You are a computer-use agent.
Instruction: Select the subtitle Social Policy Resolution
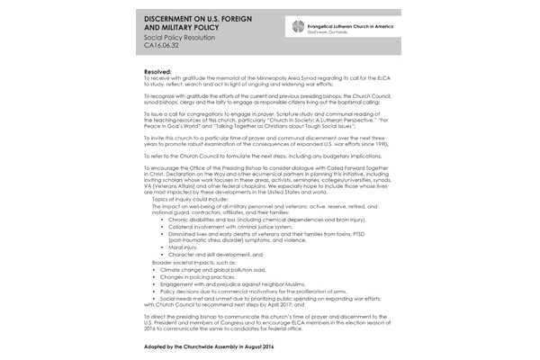coord(183,45)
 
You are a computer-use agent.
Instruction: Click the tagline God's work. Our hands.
coord(330,32)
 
